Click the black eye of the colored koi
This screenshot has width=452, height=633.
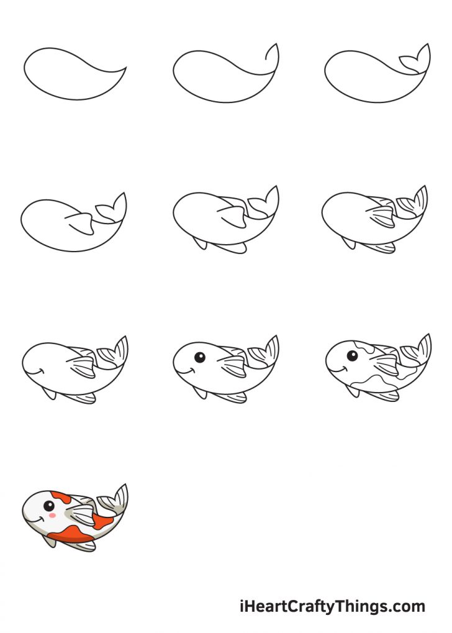coord(48,506)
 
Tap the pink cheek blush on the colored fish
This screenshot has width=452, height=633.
coord(53,516)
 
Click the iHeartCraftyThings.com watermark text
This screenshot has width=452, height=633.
coord(332,606)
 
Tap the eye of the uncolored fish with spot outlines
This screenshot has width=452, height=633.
coord(351,356)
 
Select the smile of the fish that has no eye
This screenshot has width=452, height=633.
coord(37,370)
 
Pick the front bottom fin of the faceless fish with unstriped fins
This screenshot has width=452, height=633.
coord(200,243)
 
